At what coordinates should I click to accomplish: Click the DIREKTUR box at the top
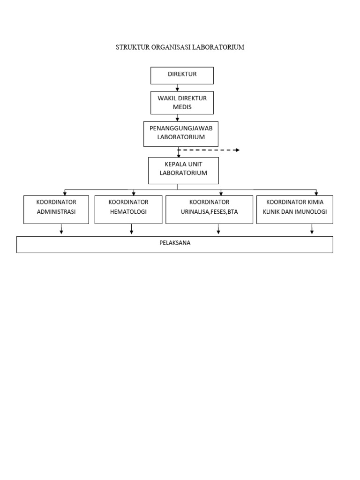[x=182, y=75]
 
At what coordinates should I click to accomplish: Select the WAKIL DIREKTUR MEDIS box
[x=182, y=103]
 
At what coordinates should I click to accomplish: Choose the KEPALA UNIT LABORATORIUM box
[x=183, y=170]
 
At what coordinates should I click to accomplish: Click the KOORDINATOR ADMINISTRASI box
[x=56, y=209]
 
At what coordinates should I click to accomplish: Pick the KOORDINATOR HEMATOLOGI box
[x=128, y=209]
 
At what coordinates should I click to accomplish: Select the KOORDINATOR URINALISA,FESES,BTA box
[x=209, y=209]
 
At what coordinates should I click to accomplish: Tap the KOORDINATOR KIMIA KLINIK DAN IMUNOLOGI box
[x=294, y=209]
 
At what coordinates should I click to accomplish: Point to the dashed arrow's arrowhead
[x=237, y=150]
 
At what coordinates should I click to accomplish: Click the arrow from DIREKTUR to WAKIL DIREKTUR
[x=177, y=88]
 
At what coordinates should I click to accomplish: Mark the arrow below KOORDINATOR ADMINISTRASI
[x=61, y=229]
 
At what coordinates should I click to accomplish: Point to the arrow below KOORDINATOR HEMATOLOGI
[x=132, y=229]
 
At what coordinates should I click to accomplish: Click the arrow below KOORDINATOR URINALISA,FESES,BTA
[x=218, y=229]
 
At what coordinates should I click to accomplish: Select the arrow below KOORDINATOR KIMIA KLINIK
[x=312, y=229]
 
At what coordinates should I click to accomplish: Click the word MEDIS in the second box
[x=182, y=107]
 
